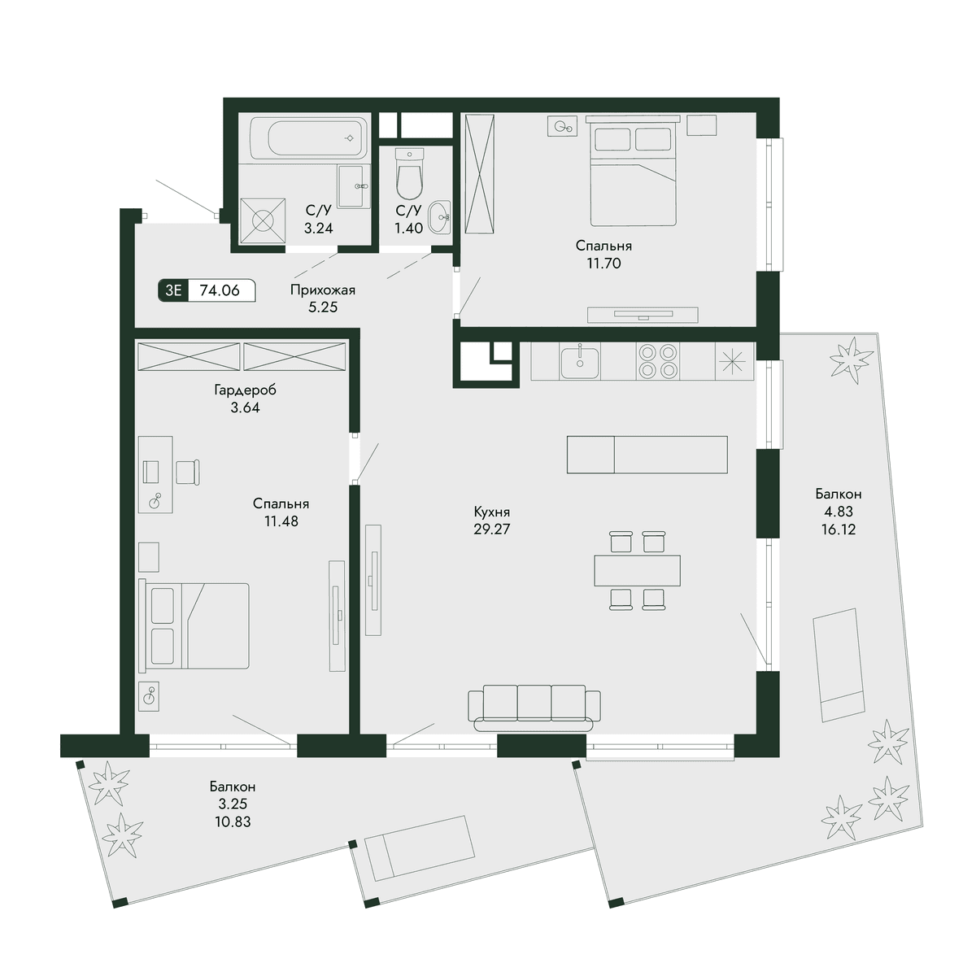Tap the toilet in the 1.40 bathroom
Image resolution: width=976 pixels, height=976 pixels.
point(409,174)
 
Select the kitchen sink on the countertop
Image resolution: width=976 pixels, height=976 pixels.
point(579,362)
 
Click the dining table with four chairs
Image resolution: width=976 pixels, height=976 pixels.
point(637,570)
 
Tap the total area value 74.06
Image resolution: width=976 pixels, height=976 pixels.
point(220,290)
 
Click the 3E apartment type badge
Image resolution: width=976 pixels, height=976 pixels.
point(173,290)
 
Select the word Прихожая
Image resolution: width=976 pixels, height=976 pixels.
point(323,290)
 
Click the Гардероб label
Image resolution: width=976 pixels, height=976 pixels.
point(245,390)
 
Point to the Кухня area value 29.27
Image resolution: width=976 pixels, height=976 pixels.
point(492,529)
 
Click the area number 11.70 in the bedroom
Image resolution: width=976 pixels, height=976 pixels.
point(603,264)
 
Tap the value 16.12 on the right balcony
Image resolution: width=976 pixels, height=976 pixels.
point(839,529)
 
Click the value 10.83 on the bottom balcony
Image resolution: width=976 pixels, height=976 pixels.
point(233,821)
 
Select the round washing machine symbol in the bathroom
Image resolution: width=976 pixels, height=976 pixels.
point(263,221)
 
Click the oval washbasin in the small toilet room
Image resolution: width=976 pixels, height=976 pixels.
point(440,217)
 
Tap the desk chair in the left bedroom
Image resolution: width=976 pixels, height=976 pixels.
point(187,472)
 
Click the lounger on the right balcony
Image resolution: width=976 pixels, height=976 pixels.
point(839,665)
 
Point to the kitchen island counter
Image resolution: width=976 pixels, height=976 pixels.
point(647,455)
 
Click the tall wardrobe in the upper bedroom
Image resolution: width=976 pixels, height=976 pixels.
point(479,174)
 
